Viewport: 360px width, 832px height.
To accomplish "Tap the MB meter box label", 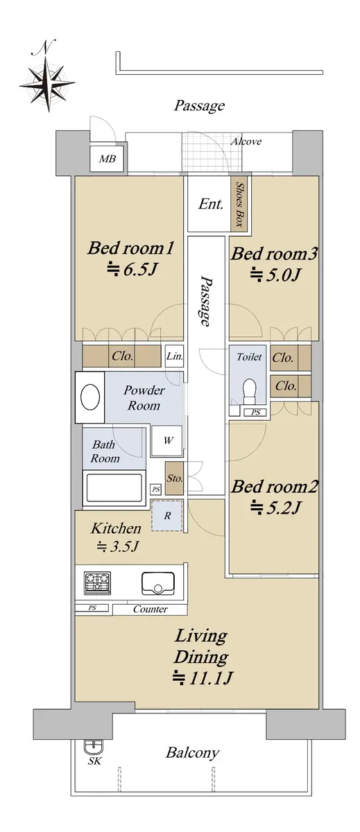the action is (108, 159).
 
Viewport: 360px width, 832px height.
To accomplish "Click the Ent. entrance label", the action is (210, 204).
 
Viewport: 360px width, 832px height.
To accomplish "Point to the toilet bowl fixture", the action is (248, 391).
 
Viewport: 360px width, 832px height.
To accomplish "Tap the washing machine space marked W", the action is (168, 441).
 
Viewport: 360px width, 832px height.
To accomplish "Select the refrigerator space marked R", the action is (167, 516).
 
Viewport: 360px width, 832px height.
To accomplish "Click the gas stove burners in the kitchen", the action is (98, 582).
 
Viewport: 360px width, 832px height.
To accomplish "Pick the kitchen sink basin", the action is (158, 583).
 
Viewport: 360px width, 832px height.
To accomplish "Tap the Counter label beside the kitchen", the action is (150, 609).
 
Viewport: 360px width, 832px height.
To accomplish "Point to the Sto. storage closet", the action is (174, 478).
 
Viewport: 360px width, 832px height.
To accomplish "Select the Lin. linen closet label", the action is (174, 356).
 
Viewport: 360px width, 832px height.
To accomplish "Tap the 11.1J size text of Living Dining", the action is (202, 678).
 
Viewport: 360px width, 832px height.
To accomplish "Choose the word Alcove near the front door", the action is (246, 141).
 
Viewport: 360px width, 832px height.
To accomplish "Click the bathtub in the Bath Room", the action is (114, 487).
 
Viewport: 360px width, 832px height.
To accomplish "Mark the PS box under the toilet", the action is (255, 412).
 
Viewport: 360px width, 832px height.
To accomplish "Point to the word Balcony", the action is (192, 753).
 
